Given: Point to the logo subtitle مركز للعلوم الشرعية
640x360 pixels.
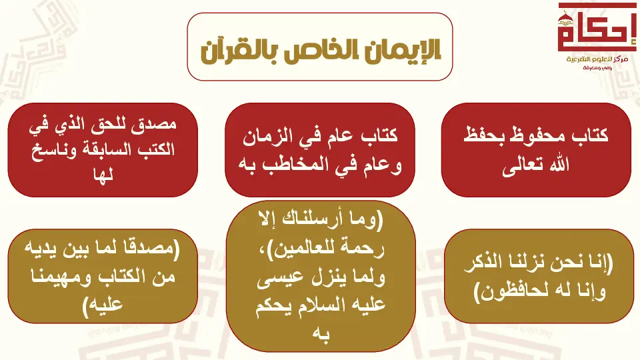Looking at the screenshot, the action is [597, 59].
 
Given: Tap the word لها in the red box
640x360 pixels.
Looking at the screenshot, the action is [103, 175].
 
